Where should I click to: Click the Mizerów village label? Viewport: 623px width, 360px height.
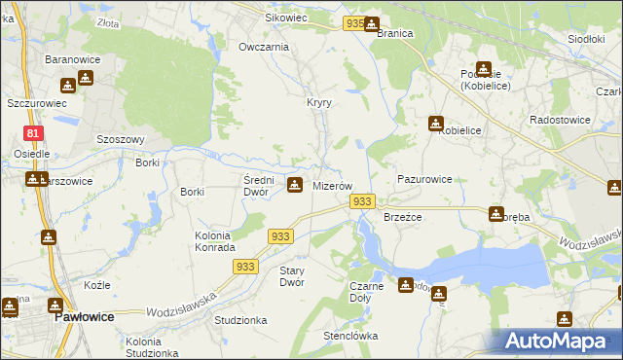tap(331, 185)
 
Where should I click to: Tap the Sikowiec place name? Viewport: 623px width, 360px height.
tap(287, 18)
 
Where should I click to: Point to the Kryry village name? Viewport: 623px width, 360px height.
tap(319, 102)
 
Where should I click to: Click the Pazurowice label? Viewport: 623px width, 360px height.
tap(424, 180)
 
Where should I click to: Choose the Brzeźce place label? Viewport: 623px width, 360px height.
tap(402, 217)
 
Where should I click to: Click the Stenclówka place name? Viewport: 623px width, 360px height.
tap(350, 336)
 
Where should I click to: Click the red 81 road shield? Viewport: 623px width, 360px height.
tap(33, 133)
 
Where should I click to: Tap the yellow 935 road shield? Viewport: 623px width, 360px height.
tap(355, 22)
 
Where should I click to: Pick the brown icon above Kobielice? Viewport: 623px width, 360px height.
tap(435, 124)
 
